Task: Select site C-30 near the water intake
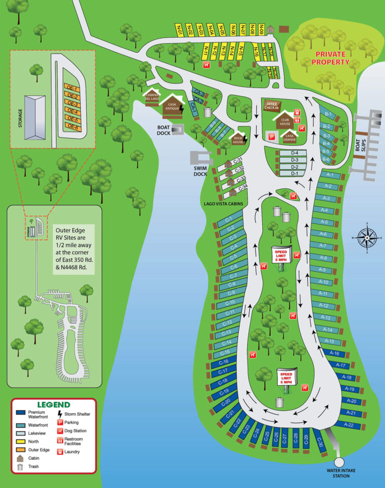click(x=321, y=442)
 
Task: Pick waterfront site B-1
click(x=327, y=114)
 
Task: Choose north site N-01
click(x=179, y=30)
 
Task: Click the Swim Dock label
click(x=201, y=170)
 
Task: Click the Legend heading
click(x=54, y=404)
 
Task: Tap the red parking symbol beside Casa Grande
click(x=272, y=136)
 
